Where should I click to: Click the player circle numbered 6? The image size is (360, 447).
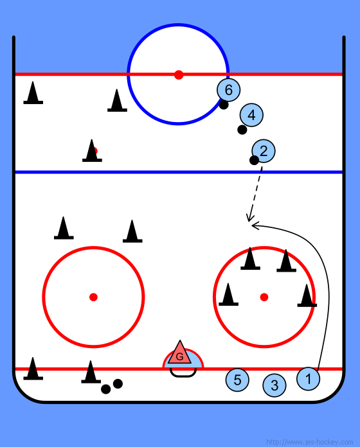[x=228, y=90]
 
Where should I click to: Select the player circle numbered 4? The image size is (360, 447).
[x=251, y=115]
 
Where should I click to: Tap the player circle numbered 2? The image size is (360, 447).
[x=264, y=151]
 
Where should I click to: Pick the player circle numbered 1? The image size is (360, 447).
[x=308, y=378]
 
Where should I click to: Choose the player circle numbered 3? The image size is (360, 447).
[x=274, y=385]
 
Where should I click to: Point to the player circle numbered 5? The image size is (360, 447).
[x=237, y=380]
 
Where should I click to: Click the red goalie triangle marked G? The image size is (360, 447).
[x=179, y=353]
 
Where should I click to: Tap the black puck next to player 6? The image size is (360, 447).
[x=224, y=104]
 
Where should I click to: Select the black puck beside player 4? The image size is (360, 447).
[x=242, y=130]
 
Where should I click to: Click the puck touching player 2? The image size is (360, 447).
[x=254, y=160]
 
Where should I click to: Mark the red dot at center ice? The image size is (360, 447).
[x=179, y=75]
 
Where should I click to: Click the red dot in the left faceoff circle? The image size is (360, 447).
[x=93, y=297]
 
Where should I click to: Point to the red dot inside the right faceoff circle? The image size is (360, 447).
[x=264, y=297]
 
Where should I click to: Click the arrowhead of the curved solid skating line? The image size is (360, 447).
[x=255, y=225]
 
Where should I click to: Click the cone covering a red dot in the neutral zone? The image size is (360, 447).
[x=92, y=150]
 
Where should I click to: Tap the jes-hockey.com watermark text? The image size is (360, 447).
[x=309, y=442]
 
